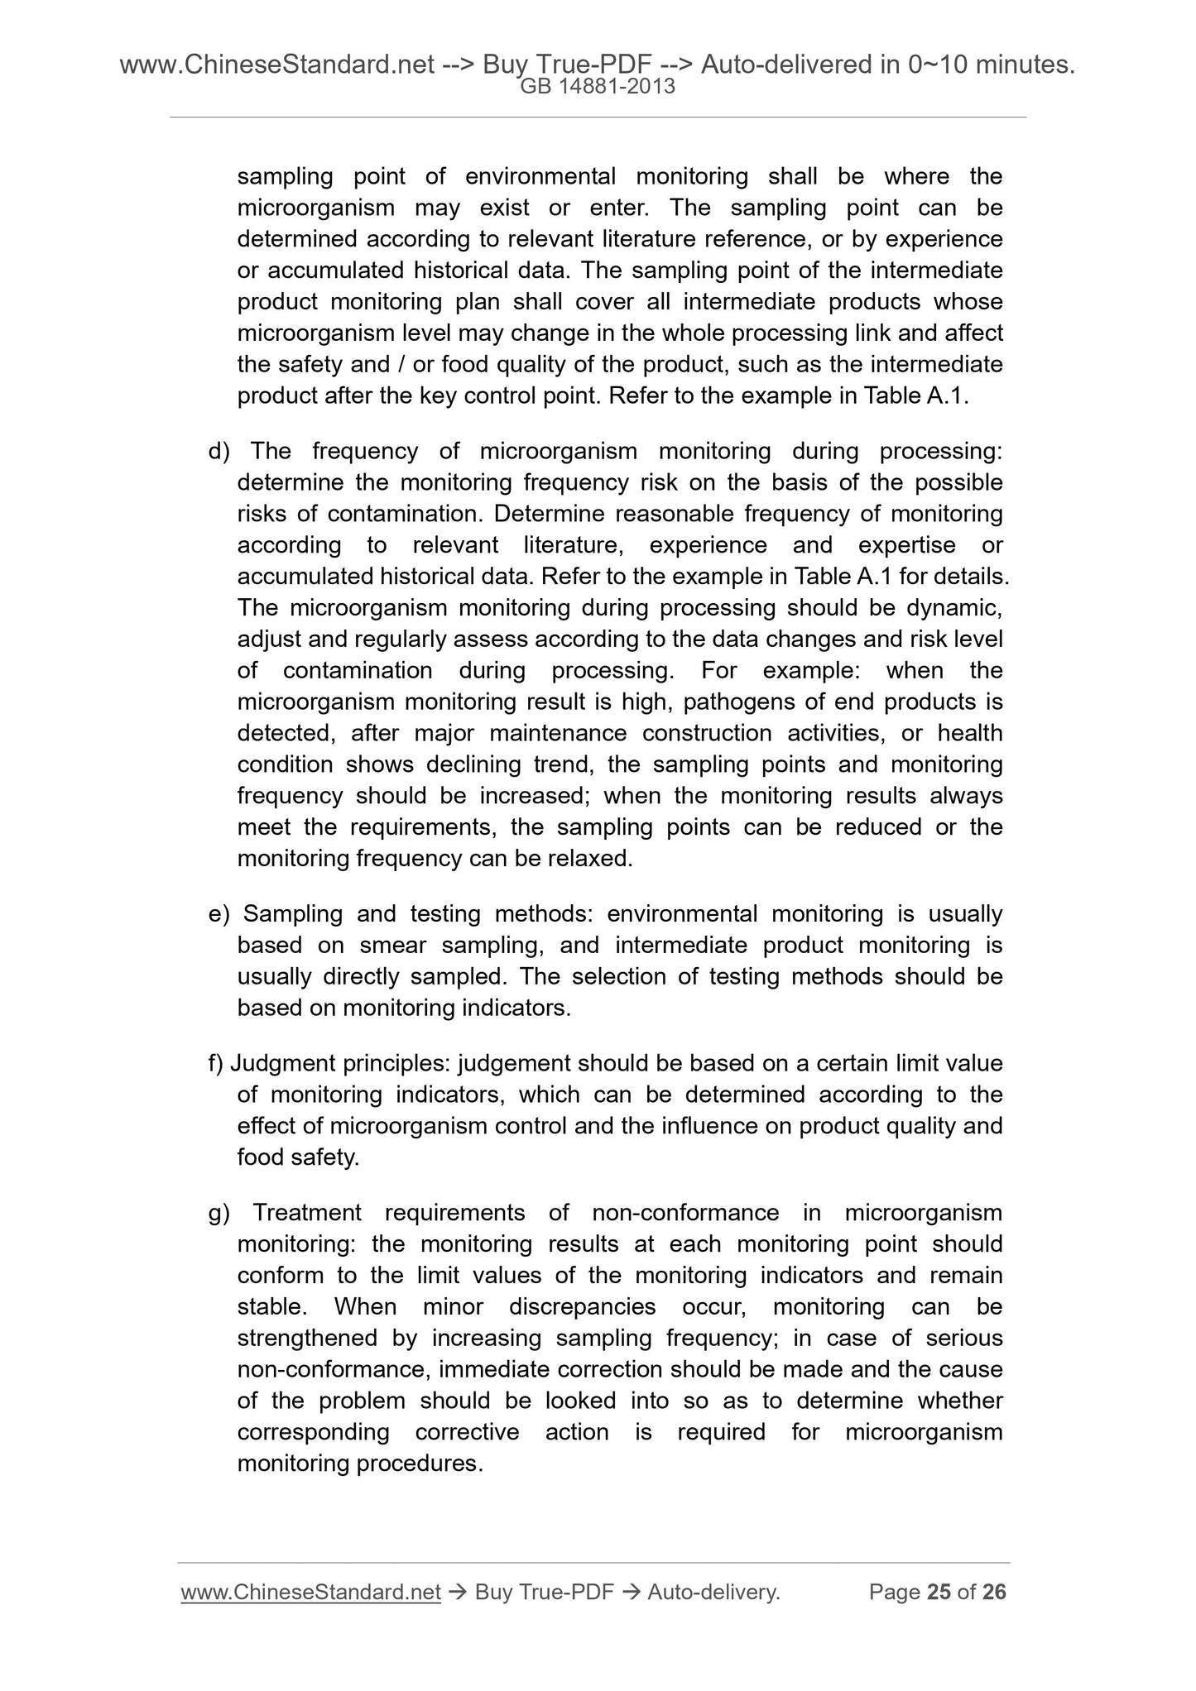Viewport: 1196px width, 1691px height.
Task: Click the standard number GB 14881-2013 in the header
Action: pos(598,87)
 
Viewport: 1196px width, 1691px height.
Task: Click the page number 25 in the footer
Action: pos(939,1592)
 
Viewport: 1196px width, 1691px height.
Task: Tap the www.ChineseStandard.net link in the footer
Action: pos(310,1592)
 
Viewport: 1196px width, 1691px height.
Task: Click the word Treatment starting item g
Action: pos(307,1213)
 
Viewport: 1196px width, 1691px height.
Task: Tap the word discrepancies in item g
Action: pos(582,1307)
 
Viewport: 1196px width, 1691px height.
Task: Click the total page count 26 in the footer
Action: pos(994,1592)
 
